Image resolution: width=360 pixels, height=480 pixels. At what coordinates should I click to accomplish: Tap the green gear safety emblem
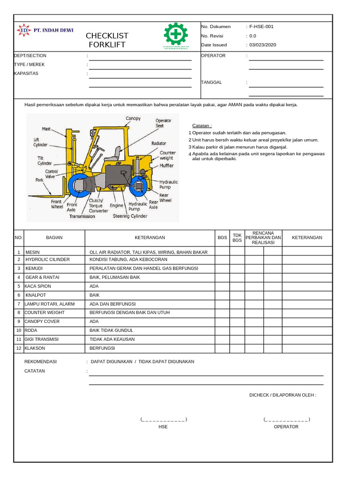coord(176,35)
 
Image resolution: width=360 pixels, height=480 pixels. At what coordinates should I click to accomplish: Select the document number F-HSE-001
coord(262,27)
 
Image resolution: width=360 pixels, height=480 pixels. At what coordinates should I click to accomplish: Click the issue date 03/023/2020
coord(263,45)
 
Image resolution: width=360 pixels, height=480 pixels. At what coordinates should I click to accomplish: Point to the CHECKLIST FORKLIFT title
coord(107,40)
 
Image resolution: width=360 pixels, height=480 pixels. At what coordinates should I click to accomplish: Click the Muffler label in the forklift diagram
coord(166,165)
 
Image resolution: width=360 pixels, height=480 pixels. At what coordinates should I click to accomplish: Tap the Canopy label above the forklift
coord(133,118)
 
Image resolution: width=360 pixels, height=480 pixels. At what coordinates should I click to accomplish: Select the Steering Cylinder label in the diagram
coord(130,216)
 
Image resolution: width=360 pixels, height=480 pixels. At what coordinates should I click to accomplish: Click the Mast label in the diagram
coord(46,128)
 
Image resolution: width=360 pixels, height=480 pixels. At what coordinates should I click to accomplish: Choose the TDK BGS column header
coord(237,238)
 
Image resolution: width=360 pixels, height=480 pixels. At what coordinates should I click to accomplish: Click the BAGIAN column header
coord(54,238)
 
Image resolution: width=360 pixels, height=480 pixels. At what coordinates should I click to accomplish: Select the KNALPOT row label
coord(35,295)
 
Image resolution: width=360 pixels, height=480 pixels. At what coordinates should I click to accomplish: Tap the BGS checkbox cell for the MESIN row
coord(222,252)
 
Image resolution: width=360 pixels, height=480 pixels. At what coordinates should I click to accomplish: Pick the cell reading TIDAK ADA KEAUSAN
coord(112,339)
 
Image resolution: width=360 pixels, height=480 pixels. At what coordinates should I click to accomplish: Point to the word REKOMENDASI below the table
coord(40,362)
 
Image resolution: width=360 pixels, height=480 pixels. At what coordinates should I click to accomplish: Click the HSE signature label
coord(163,427)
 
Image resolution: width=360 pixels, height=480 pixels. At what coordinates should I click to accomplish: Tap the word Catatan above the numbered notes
coord(202,126)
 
